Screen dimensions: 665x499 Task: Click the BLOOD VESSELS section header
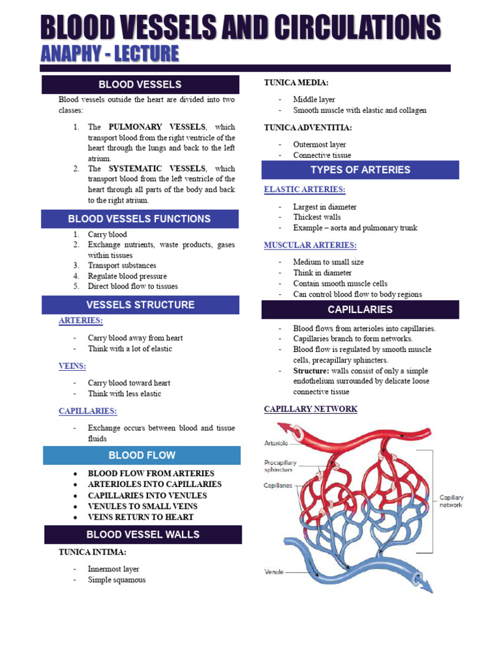click(x=140, y=84)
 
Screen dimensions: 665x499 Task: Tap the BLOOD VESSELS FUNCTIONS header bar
click(x=140, y=219)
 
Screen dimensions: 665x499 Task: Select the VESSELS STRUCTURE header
click(x=140, y=305)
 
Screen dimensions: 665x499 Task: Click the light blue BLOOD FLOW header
click(x=142, y=455)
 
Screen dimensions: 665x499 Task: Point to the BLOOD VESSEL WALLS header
click(x=143, y=534)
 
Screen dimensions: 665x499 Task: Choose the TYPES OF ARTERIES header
click(x=360, y=169)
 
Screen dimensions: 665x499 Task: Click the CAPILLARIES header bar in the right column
click(x=360, y=309)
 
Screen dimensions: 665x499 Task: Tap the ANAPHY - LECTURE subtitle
click(x=109, y=54)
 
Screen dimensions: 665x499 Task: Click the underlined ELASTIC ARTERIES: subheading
click(x=305, y=190)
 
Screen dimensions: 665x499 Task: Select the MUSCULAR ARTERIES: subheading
click(x=310, y=245)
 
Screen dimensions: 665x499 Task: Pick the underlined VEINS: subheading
click(x=73, y=366)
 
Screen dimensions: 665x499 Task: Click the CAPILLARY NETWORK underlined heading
click(x=311, y=409)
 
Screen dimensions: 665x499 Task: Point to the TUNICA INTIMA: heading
click(x=92, y=552)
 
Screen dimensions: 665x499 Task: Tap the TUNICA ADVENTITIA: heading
click(x=308, y=128)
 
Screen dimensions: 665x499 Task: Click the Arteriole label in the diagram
click(x=277, y=443)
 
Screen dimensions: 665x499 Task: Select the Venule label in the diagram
click(x=274, y=572)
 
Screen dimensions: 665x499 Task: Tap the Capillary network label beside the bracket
click(x=452, y=501)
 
